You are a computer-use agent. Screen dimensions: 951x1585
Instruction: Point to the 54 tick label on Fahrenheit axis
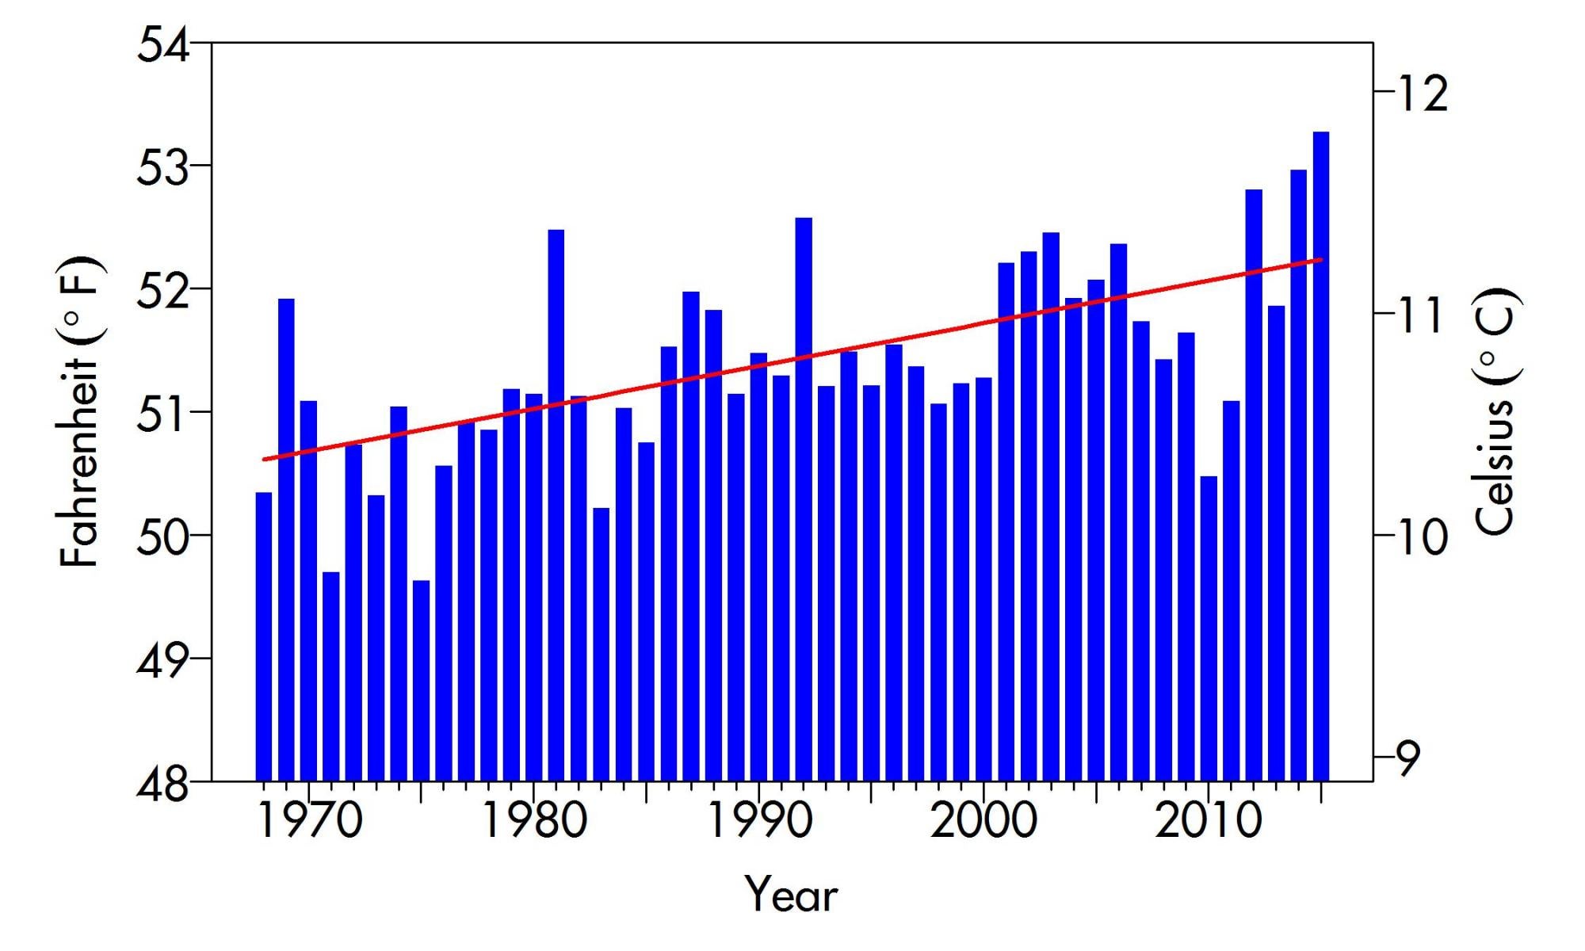coord(163,45)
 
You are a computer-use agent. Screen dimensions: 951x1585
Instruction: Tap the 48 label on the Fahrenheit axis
coord(163,783)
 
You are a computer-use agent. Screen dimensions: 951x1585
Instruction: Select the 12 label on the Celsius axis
coord(1423,93)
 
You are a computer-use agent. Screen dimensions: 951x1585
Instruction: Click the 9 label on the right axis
coord(1411,758)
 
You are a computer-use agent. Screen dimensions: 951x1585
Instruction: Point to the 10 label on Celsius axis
coord(1423,537)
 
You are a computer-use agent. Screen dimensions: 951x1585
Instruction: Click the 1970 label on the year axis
coord(310,820)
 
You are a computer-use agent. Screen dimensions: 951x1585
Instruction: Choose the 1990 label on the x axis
coord(759,820)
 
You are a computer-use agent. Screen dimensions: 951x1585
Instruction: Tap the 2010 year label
coord(1208,820)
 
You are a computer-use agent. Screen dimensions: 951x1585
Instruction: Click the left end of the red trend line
coord(264,459)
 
